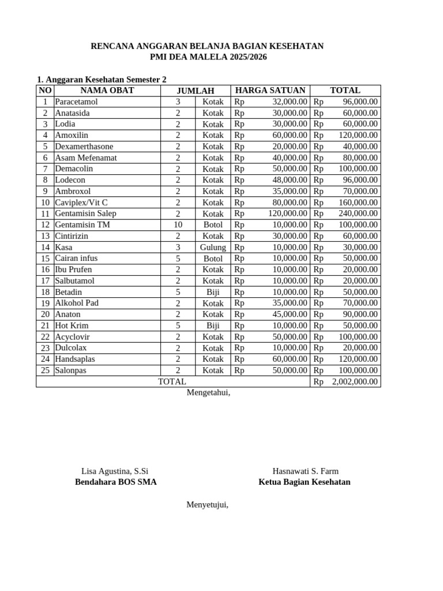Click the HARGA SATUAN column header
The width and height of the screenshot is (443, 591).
pyautogui.click(x=270, y=90)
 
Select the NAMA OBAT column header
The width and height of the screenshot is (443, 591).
pyautogui.click(x=107, y=90)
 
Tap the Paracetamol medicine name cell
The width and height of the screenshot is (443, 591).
pyautogui.click(x=77, y=102)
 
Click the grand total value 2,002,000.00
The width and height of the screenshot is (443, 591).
pyautogui.click(x=355, y=381)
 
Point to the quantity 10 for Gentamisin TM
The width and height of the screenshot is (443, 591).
pyautogui.click(x=178, y=225)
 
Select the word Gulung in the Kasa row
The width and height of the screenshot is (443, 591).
pyautogui.click(x=213, y=247)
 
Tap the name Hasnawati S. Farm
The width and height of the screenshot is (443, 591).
pyautogui.click(x=305, y=471)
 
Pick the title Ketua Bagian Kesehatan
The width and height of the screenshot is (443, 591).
pyautogui.click(x=304, y=482)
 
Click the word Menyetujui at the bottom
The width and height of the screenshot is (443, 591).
pyautogui.click(x=207, y=504)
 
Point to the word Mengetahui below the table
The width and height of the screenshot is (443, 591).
pyautogui.click(x=208, y=392)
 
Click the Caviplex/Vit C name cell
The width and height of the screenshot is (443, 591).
pyautogui.click(x=81, y=203)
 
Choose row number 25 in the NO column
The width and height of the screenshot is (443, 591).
pyautogui.click(x=45, y=371)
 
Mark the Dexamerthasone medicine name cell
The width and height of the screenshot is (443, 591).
pyautogui.click(x=84, y=147)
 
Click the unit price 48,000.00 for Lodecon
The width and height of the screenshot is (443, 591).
pyautogui.click(x=290, y=180)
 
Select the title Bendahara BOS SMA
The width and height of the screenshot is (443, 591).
pyautogui.click(x=115, y=482)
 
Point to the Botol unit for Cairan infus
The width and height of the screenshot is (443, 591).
pyautogui.click(x=213, y=259)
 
